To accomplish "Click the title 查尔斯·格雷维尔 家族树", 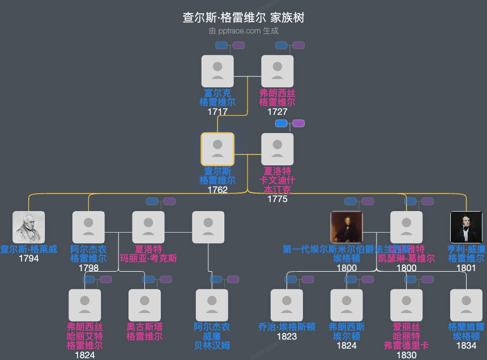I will (x=244, y=18).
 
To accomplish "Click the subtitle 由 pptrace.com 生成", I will (x=244, y=31).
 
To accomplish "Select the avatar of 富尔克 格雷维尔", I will (x=217, y=71).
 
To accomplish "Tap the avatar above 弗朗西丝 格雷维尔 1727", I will (x=277, y=71).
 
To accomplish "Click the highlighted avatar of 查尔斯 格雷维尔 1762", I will (x=217, y=149).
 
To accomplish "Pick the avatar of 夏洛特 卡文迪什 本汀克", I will (x=277, y=149).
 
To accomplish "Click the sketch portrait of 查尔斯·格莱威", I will (x=29, y=228).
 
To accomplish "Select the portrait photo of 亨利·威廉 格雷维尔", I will (x=466, y=228).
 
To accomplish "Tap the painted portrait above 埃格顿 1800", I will (x=347, y=228).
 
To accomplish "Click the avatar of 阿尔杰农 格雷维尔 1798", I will (x=88, y=228).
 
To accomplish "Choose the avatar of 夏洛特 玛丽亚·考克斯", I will (x=148, y=228).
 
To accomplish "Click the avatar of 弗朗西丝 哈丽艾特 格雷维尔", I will (x=85, y=306).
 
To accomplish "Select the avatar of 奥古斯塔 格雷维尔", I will (x=144, y=306).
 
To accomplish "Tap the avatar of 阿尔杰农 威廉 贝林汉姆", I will (x=212, y=306).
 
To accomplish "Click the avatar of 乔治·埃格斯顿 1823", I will (x=287, y=306).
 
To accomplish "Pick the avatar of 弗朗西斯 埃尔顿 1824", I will (x=347, y=306).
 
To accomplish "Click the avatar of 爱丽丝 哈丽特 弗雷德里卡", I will (x=407, y=306).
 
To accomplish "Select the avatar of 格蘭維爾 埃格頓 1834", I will (x=466, y=306).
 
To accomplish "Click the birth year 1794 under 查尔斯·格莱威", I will (x=29, y=259).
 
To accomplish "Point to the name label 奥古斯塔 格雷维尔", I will (x=144, y=332).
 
